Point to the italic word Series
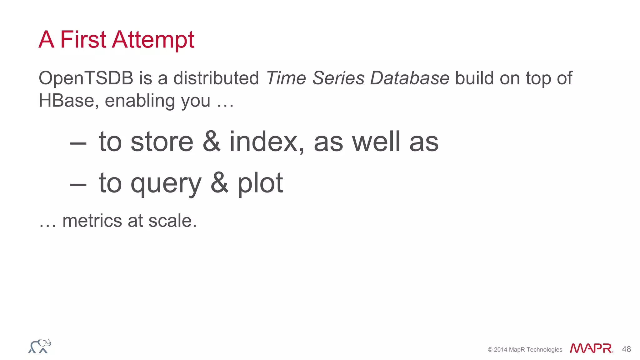pos(338,78)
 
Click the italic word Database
pos(410,78)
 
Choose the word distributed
pos(216,78)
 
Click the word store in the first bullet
pos(162,142)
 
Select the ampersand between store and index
pos(211,142)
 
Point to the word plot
pos(260,184)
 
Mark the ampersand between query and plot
pos(219,183)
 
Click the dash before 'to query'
pos(78,184)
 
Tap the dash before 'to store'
pos(78,143)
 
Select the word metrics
pos(92,221)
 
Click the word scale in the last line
pos(172,221)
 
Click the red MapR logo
pos(591,348)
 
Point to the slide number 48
pos(626,349)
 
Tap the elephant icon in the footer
pos(40,346)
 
